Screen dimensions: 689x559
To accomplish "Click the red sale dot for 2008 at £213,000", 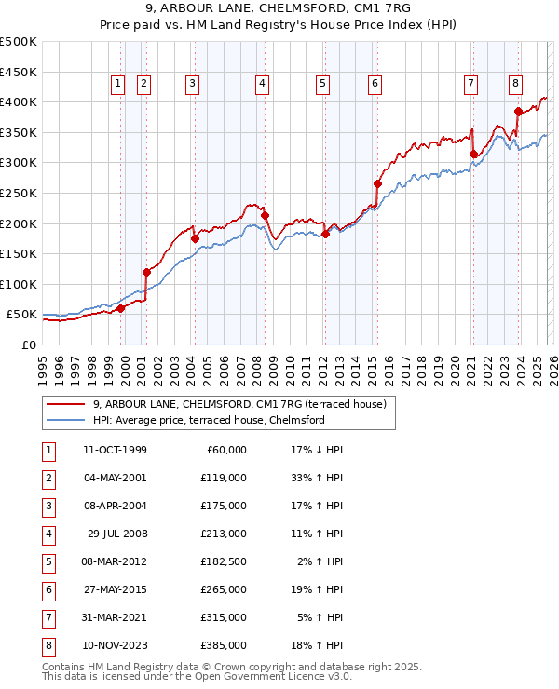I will coord(266,215).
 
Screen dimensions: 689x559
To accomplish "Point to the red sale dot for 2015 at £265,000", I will coord(377,183).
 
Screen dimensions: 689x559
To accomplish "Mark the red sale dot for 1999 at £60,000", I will coord(121,308).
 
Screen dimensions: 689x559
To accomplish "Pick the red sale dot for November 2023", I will coord(518,111).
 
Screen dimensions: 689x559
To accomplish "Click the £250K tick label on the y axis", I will coord(19,193).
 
